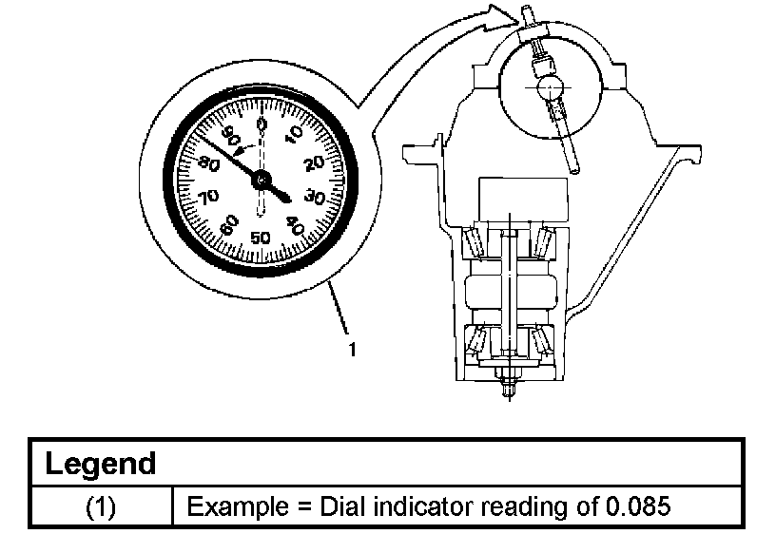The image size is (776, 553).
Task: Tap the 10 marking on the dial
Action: point(294,134)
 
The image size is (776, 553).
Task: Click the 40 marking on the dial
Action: point(295,227)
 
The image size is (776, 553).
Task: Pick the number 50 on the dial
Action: point(261,238)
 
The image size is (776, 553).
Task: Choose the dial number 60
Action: point(228,226)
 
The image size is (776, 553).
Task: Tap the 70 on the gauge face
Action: point(208,196)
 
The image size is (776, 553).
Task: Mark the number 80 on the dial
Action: point(209,163)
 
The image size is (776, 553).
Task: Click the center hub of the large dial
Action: point(262,179)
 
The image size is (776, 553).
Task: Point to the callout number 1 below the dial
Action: point(352,350)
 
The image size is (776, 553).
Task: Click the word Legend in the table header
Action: point(101,464)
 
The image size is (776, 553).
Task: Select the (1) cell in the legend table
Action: point(101,505)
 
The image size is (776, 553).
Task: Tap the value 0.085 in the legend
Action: point(638,505)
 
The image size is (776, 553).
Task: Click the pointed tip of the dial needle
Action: point(289,200)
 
